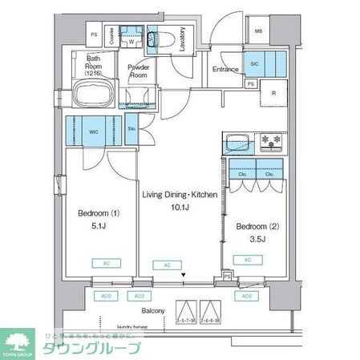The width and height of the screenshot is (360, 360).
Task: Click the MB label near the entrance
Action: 257,32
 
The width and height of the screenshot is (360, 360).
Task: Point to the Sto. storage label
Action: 131,128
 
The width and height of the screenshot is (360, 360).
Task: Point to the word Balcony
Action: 153,310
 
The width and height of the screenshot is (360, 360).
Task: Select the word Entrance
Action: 225,69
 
